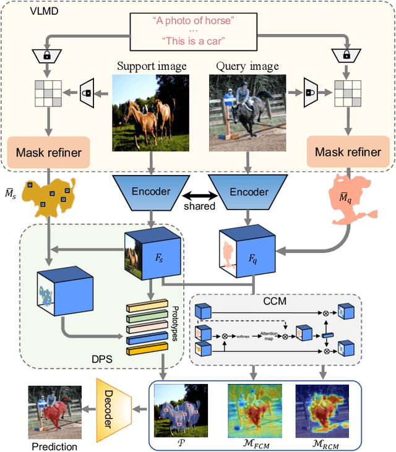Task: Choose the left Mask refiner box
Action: [x=48, y=151]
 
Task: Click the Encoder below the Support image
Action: [x=149, y=191]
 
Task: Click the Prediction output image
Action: [x=54, y=409]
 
